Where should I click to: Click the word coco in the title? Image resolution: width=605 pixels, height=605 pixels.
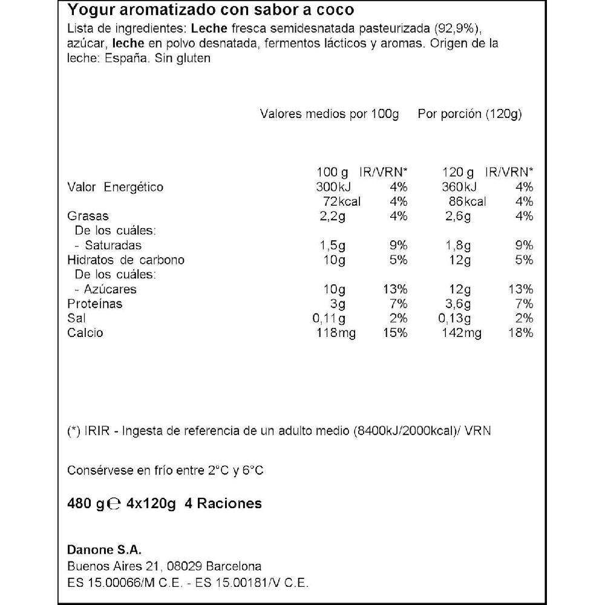pos(336,11)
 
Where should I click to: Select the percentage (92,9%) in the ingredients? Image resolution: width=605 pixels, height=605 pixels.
pos(461,30)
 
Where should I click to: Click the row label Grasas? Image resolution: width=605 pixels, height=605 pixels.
pos(88,216)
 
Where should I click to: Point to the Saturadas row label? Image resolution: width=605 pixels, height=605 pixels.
pos(113,245)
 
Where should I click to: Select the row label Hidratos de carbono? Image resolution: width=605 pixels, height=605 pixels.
pos(126,260)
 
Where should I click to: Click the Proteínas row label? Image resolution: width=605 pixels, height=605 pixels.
pos(94,304)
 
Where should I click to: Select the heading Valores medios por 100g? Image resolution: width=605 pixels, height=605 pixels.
pos(329,114)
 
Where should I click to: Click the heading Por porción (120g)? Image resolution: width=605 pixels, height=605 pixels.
pos(469,114)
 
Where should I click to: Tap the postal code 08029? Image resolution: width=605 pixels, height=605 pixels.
pos(181,566)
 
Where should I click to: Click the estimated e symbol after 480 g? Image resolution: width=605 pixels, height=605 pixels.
pos(113,504)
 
